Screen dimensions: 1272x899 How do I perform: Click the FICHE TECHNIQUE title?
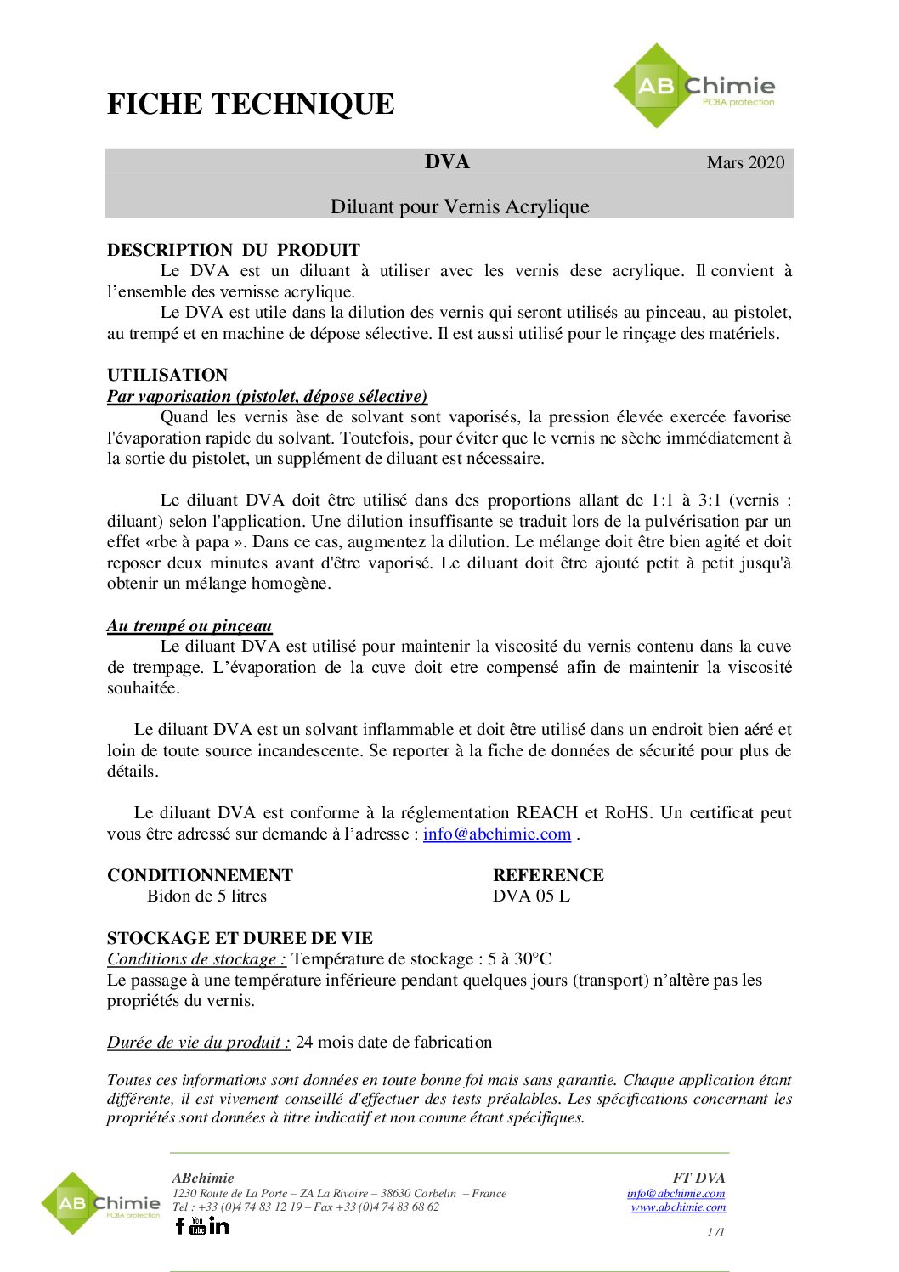click(x=251, y=105)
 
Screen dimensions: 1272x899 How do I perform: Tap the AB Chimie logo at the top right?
click(x=694, y=87)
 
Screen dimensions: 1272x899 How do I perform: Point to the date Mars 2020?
click(x=745, y=162)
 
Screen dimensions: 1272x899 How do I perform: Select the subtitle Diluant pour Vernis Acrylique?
click(x=460, y=206)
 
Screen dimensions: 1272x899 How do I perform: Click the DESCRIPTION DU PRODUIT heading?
click(x=234, y=250)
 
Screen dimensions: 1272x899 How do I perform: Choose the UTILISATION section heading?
click(x=167, y=375)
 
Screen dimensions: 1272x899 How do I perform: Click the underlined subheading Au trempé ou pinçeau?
click(x=189, y=625)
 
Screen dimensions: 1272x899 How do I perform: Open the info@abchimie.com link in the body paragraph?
click(x=497, y=834)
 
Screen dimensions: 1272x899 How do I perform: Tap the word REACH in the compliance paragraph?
click(x=546, y=812)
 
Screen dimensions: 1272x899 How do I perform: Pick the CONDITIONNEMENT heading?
click(x=200, y=875)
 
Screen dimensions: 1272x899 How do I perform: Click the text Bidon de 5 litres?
click(x=206, y=896)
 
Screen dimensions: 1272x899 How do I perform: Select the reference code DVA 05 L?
click(x=531, y=896)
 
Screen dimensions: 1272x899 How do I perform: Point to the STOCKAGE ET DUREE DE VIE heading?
click(x=240, y=938)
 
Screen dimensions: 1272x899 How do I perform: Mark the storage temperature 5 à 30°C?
click(x=519, y=958)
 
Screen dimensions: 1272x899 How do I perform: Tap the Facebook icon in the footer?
click(x=180, y=1225)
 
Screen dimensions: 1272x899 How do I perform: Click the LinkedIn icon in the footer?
click(x=219, y=1225)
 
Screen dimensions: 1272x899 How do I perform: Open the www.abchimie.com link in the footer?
click(x=678, y=1207)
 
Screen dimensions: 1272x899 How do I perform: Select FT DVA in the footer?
click(x=698, y=1178)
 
